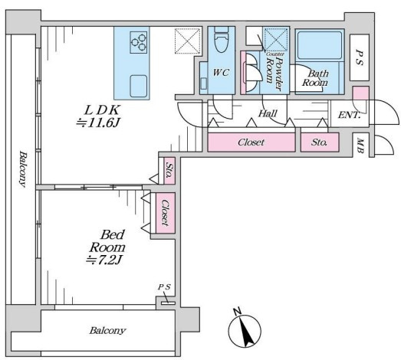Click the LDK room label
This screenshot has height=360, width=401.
point(102,110)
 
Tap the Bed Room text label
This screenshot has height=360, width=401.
point(107,241)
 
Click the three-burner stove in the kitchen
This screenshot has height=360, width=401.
point(138,42)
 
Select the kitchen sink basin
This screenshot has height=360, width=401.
point(138,86)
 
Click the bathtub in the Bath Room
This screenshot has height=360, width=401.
point(320,45)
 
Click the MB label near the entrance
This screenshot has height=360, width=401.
point(360,146)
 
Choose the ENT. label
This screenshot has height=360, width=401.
point(349,115)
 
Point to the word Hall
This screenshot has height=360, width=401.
point(268,113)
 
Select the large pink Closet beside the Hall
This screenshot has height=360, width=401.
point(251,142)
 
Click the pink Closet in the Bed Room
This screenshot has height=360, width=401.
point(166,213)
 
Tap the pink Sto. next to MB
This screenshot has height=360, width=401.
point(320,142)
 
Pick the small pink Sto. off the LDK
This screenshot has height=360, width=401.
point(169,171)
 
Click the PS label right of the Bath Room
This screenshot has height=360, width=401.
point(360,57)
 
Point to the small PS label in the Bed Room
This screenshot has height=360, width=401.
point(164,287)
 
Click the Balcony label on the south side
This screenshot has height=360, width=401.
point(107,331)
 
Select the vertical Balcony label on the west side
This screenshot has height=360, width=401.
point(23,169)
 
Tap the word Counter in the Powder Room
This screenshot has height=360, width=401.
point(275,54)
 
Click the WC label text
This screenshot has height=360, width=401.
point(221,73)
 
